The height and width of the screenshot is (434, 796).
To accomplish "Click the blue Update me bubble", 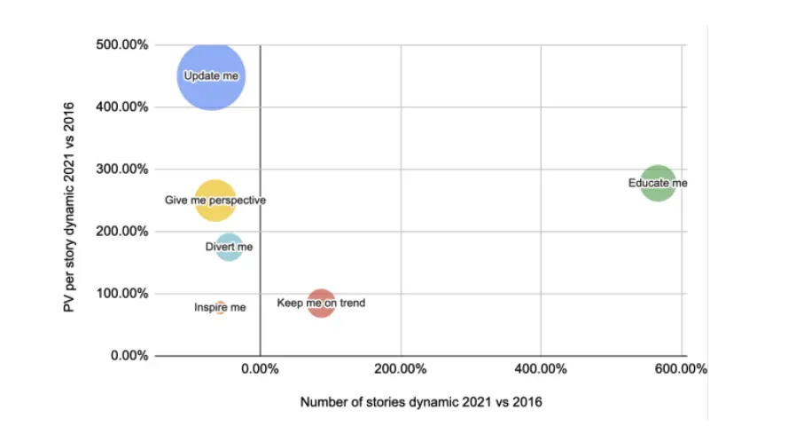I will coord(211,76).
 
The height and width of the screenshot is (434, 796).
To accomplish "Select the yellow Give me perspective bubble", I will coord(215,200).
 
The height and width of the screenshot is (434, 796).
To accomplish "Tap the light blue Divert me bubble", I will coord(229,246).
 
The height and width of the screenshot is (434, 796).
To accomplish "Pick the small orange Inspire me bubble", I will coord(220,307).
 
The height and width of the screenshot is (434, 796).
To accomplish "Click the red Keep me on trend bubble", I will coord(321,304).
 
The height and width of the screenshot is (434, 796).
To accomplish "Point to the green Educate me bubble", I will coord(658,183).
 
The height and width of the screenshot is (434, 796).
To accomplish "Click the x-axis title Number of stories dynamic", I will coord(421,401).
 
